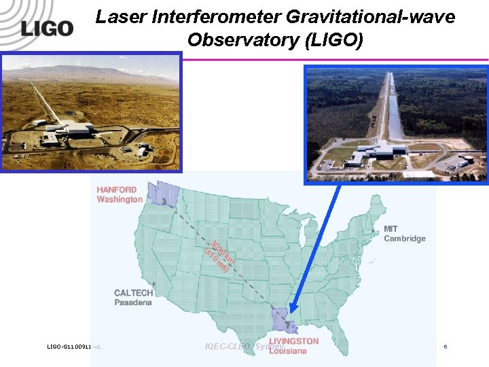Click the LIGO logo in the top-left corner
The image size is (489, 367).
(46, 28)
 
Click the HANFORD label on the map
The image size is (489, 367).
(116, 190)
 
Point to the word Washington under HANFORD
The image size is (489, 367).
(120, 200)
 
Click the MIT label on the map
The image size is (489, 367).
(391, 229)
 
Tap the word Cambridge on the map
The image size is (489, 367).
(404, 239)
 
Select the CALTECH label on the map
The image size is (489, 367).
(134, 293)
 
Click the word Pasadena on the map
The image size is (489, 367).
(133, 302)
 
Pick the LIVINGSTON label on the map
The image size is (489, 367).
(293, 341)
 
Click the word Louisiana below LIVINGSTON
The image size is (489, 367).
(287, 351)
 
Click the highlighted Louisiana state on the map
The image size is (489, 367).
(280, 318)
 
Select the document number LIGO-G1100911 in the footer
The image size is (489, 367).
(68, 347)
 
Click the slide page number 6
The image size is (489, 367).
(446, 347)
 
